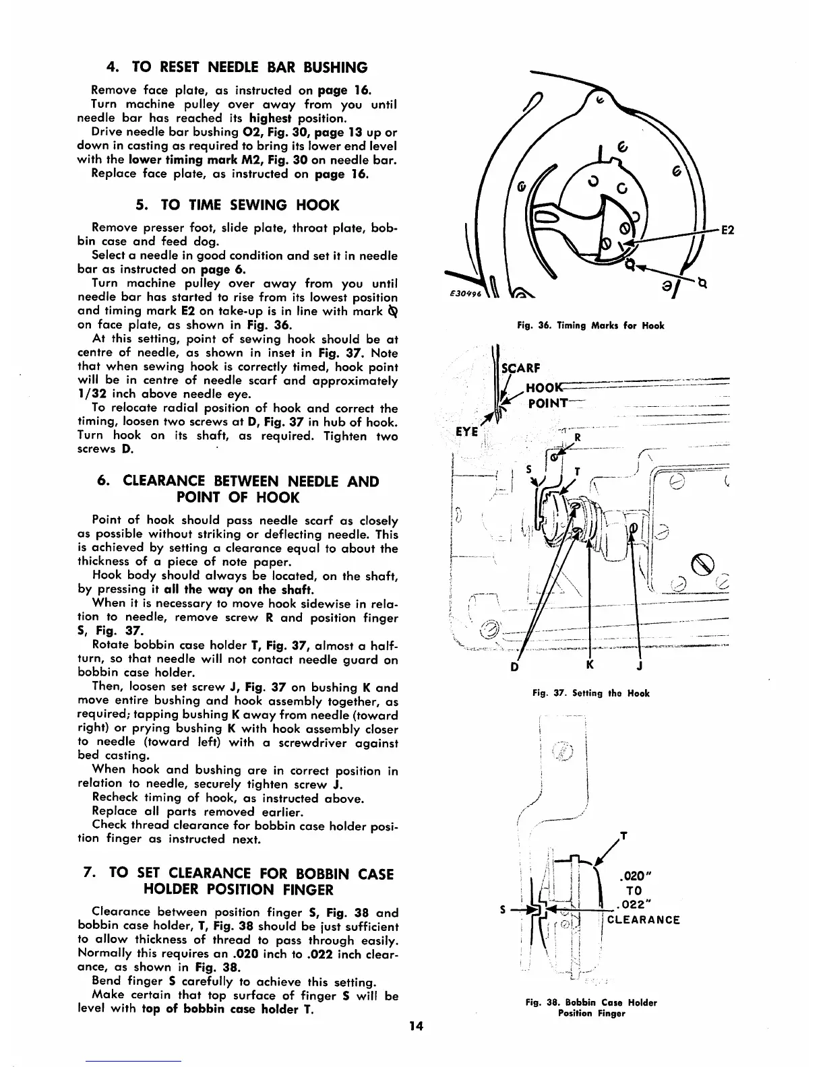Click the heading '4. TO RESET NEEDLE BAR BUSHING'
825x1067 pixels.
click(x=238, y=67)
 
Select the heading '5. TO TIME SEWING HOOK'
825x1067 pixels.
click(x=238, y=205)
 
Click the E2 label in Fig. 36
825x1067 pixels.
click(x=728, y=230)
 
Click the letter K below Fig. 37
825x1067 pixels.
click(x=590, y=666)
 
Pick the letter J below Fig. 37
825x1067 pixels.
click(x=639, y=666)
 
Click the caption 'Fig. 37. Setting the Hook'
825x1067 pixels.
click(x=591, y=693)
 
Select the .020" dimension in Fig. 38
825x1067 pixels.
click(x=634, y=878)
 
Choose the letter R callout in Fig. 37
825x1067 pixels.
click(x=576, y=436)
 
